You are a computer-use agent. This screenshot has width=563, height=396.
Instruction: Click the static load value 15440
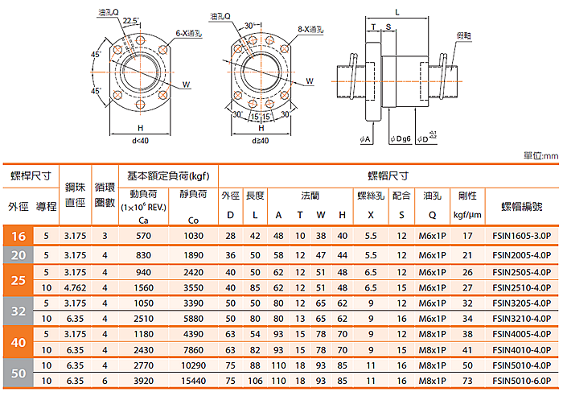click(x=193, y=381)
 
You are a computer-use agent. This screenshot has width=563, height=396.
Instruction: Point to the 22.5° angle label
click(x=131, y=19)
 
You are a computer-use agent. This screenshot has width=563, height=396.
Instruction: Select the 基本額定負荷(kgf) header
click(x=167, y=175)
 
